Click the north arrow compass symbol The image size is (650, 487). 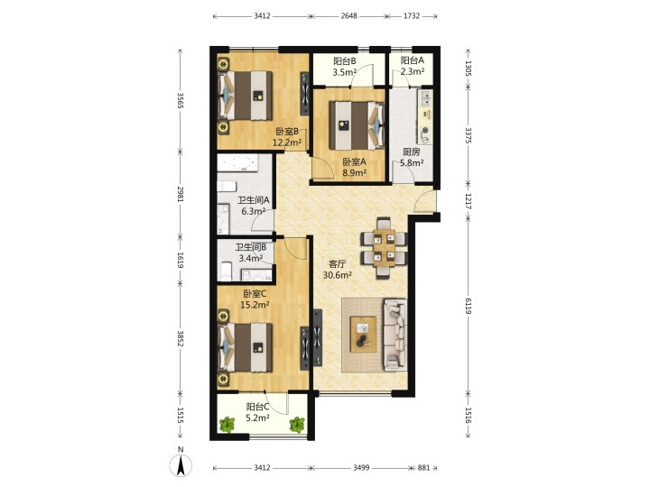(x=181, y=464)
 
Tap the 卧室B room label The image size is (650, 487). (x=287, y=132)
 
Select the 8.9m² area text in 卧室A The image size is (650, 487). (x=354, y=172)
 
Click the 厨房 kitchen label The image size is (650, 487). (x=412, y=152)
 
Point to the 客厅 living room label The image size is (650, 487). (x=337, y=263)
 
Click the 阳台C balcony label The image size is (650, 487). (x=258, y=407)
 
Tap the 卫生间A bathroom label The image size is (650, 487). (x=254, y=200)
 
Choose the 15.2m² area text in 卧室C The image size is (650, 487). (x=255, y=305)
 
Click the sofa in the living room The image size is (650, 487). (x=395, y=335)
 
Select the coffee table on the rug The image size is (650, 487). (x=363, y=335)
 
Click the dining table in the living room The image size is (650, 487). (x=384, y=248)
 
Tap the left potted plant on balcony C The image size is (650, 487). (x=227, y=425)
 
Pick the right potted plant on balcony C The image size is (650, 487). (x=297, y=425)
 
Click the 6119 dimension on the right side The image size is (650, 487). (x=468, y=306)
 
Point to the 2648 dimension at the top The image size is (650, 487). (x=349, y=16)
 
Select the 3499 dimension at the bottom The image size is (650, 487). (x=361, y=468)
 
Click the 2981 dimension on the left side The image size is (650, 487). (x=181, y=194)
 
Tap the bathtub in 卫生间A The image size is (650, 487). (x=237, y=163)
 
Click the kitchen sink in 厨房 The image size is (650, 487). (x=426, y=98)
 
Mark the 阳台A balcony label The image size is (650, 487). (x=413, y=60)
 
